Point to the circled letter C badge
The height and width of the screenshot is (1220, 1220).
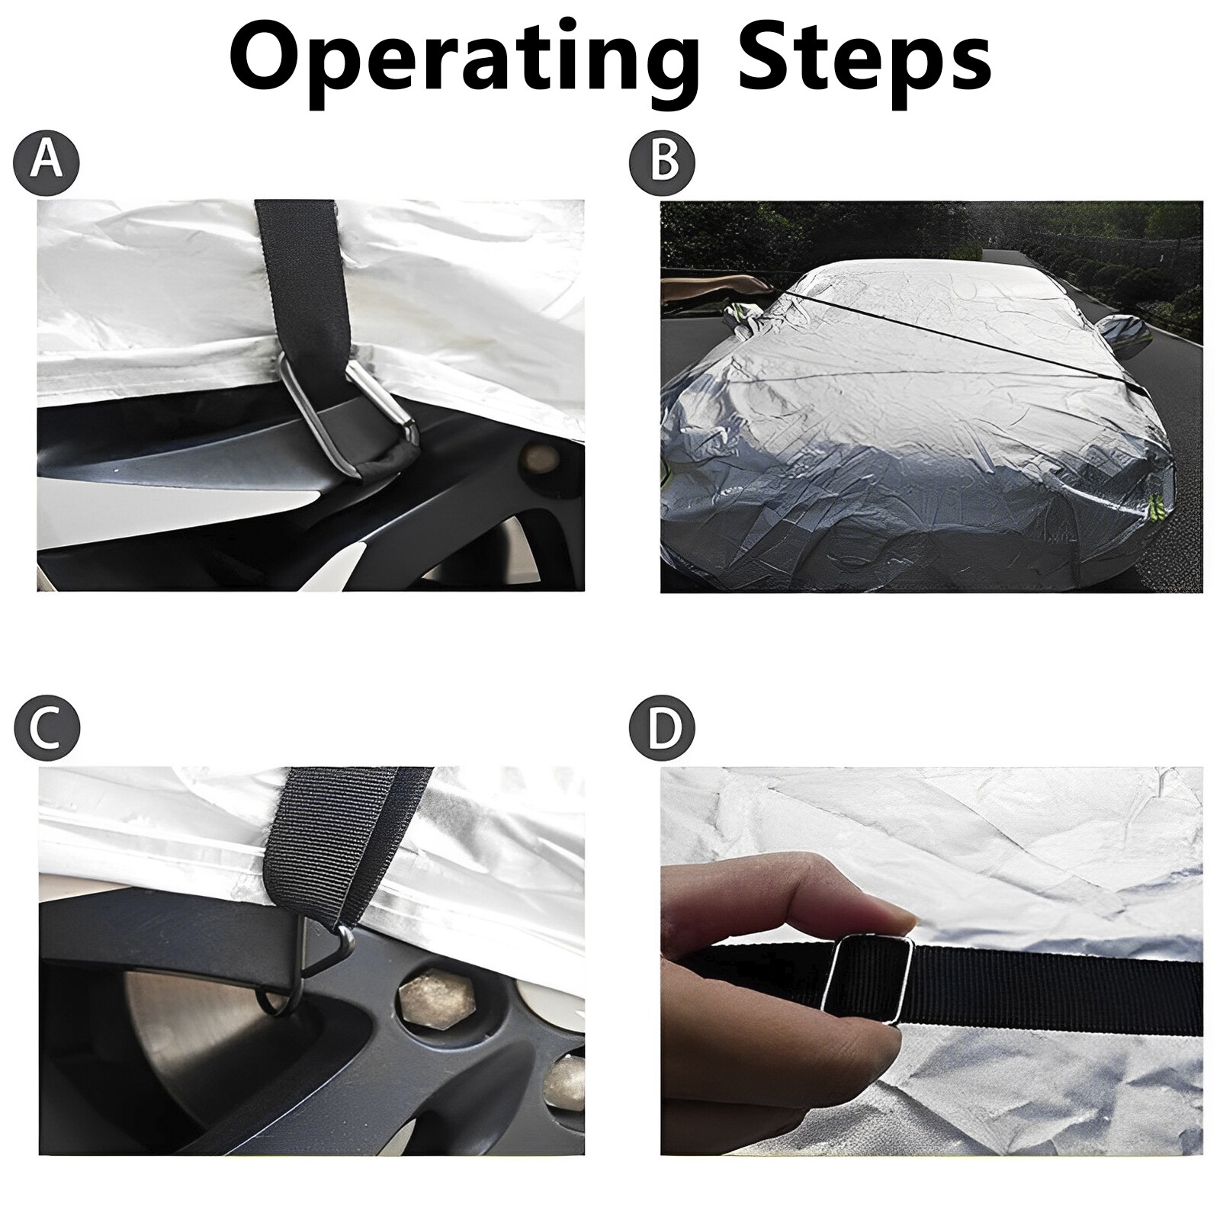(47, 728)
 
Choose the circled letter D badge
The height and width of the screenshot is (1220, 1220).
(662, 728)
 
